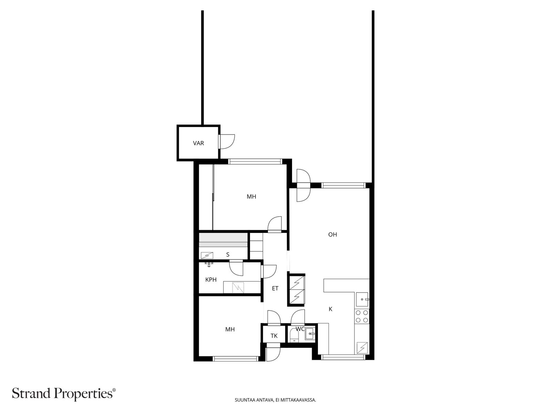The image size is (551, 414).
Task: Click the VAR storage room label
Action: point(198,143)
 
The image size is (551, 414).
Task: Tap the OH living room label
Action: point(332,235)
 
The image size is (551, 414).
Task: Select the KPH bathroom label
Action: point(211,280)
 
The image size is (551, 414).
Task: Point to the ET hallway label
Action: point(275,288)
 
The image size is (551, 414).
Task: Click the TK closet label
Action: point(274,336)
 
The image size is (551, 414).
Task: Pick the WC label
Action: point(300,329)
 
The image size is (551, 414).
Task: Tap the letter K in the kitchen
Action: point(331,309)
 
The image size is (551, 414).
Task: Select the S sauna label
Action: point(228,255)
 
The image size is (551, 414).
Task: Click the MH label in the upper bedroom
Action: point(251,197)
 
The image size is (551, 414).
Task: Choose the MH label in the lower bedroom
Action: point(230,329)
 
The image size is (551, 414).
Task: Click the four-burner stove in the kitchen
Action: point(362,316)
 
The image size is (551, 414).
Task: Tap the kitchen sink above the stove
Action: point(362,299)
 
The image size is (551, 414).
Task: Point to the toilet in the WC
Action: point(293,336)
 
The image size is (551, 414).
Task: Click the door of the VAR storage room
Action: point(227,142)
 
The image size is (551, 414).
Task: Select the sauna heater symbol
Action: point(207,256)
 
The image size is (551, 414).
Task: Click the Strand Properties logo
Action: point(64,393)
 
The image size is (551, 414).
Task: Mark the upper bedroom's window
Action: point(255,161)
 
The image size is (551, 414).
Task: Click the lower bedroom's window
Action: point(236,359)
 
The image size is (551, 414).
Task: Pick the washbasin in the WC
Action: point(310,334)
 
